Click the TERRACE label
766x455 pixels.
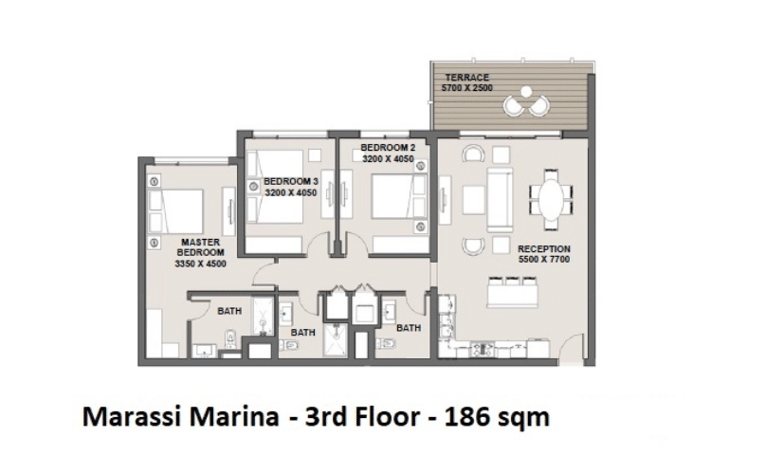466,77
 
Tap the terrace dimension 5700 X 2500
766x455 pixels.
466,88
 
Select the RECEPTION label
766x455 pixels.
544,248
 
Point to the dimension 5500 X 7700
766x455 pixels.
544,260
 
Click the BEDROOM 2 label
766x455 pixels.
388,148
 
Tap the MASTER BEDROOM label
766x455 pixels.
200,247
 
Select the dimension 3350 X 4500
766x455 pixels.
200,264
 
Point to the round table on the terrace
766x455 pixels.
526,91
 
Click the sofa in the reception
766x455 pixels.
500,200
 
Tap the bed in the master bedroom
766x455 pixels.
175,211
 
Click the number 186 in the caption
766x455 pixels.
466,417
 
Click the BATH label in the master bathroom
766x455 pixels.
229,311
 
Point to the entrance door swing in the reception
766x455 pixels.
571,348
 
